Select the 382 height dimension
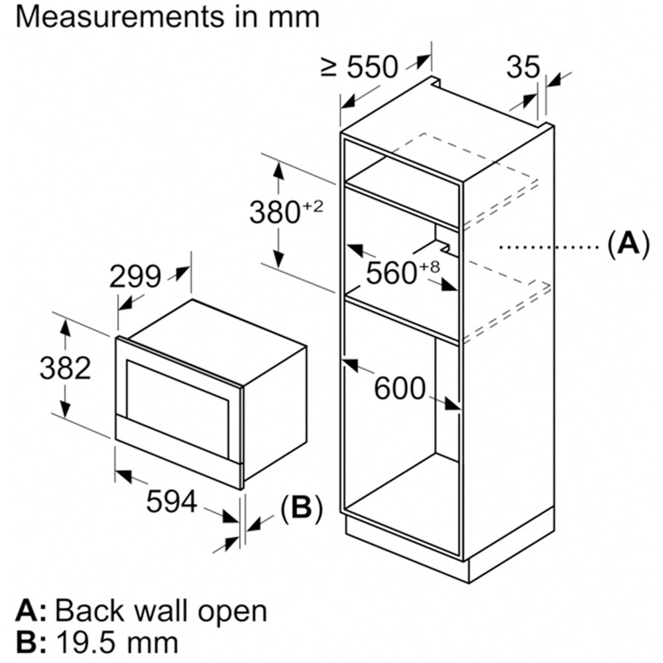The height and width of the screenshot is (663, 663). pos(65,368)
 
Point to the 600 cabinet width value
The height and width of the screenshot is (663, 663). pos(399,389)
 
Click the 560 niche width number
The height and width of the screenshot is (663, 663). pos(389,272)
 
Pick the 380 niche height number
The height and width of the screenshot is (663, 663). pos(274,212)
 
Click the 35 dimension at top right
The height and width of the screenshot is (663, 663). pos(524,66)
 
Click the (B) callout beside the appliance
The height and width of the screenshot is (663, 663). pos(301,509)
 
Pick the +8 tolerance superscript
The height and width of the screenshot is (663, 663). pos(430,266)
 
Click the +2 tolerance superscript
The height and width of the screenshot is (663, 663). pos(312,206)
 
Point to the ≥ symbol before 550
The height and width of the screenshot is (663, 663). pos(330,67)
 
